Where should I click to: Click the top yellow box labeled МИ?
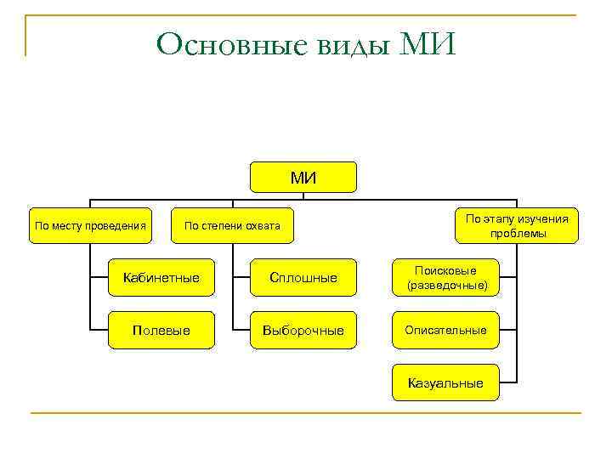point(303,177)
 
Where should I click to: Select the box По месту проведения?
point(90,226)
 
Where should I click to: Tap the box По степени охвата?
point(232,226)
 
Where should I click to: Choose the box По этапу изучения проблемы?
point(517,226)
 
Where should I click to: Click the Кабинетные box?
point(161,277)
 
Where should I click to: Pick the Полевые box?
point(161,330)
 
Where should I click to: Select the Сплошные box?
point(303,277)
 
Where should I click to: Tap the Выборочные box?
point(303,330)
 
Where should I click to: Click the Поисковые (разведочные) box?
point(446,277)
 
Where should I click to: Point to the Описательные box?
point(446,330)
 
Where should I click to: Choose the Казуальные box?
point(446,382)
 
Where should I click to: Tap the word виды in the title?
point(338,43)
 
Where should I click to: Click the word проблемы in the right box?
point(517,234)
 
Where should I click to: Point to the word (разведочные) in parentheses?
point(447,286)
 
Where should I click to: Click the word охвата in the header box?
point(263,226)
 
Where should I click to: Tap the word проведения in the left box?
point(117,226)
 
